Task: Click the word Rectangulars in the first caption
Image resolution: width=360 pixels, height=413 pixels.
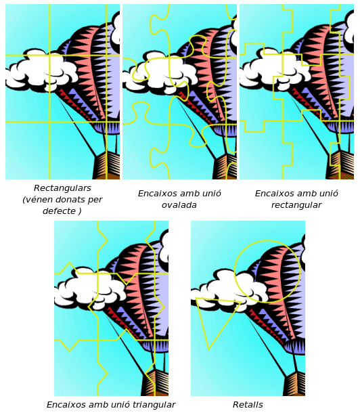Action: tap(62, 188)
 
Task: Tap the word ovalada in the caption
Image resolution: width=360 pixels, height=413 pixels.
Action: tap(179, 205)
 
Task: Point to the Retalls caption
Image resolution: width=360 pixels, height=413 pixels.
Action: tap(248, 405)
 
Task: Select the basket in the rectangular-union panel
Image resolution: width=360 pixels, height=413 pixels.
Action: tap(340, 165)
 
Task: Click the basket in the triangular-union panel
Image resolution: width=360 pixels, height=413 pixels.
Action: tap(156, 383)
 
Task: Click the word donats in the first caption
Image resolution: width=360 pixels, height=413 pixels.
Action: tap(69, 199)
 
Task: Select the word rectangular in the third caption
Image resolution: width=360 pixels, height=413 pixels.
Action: tap(296, 205)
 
